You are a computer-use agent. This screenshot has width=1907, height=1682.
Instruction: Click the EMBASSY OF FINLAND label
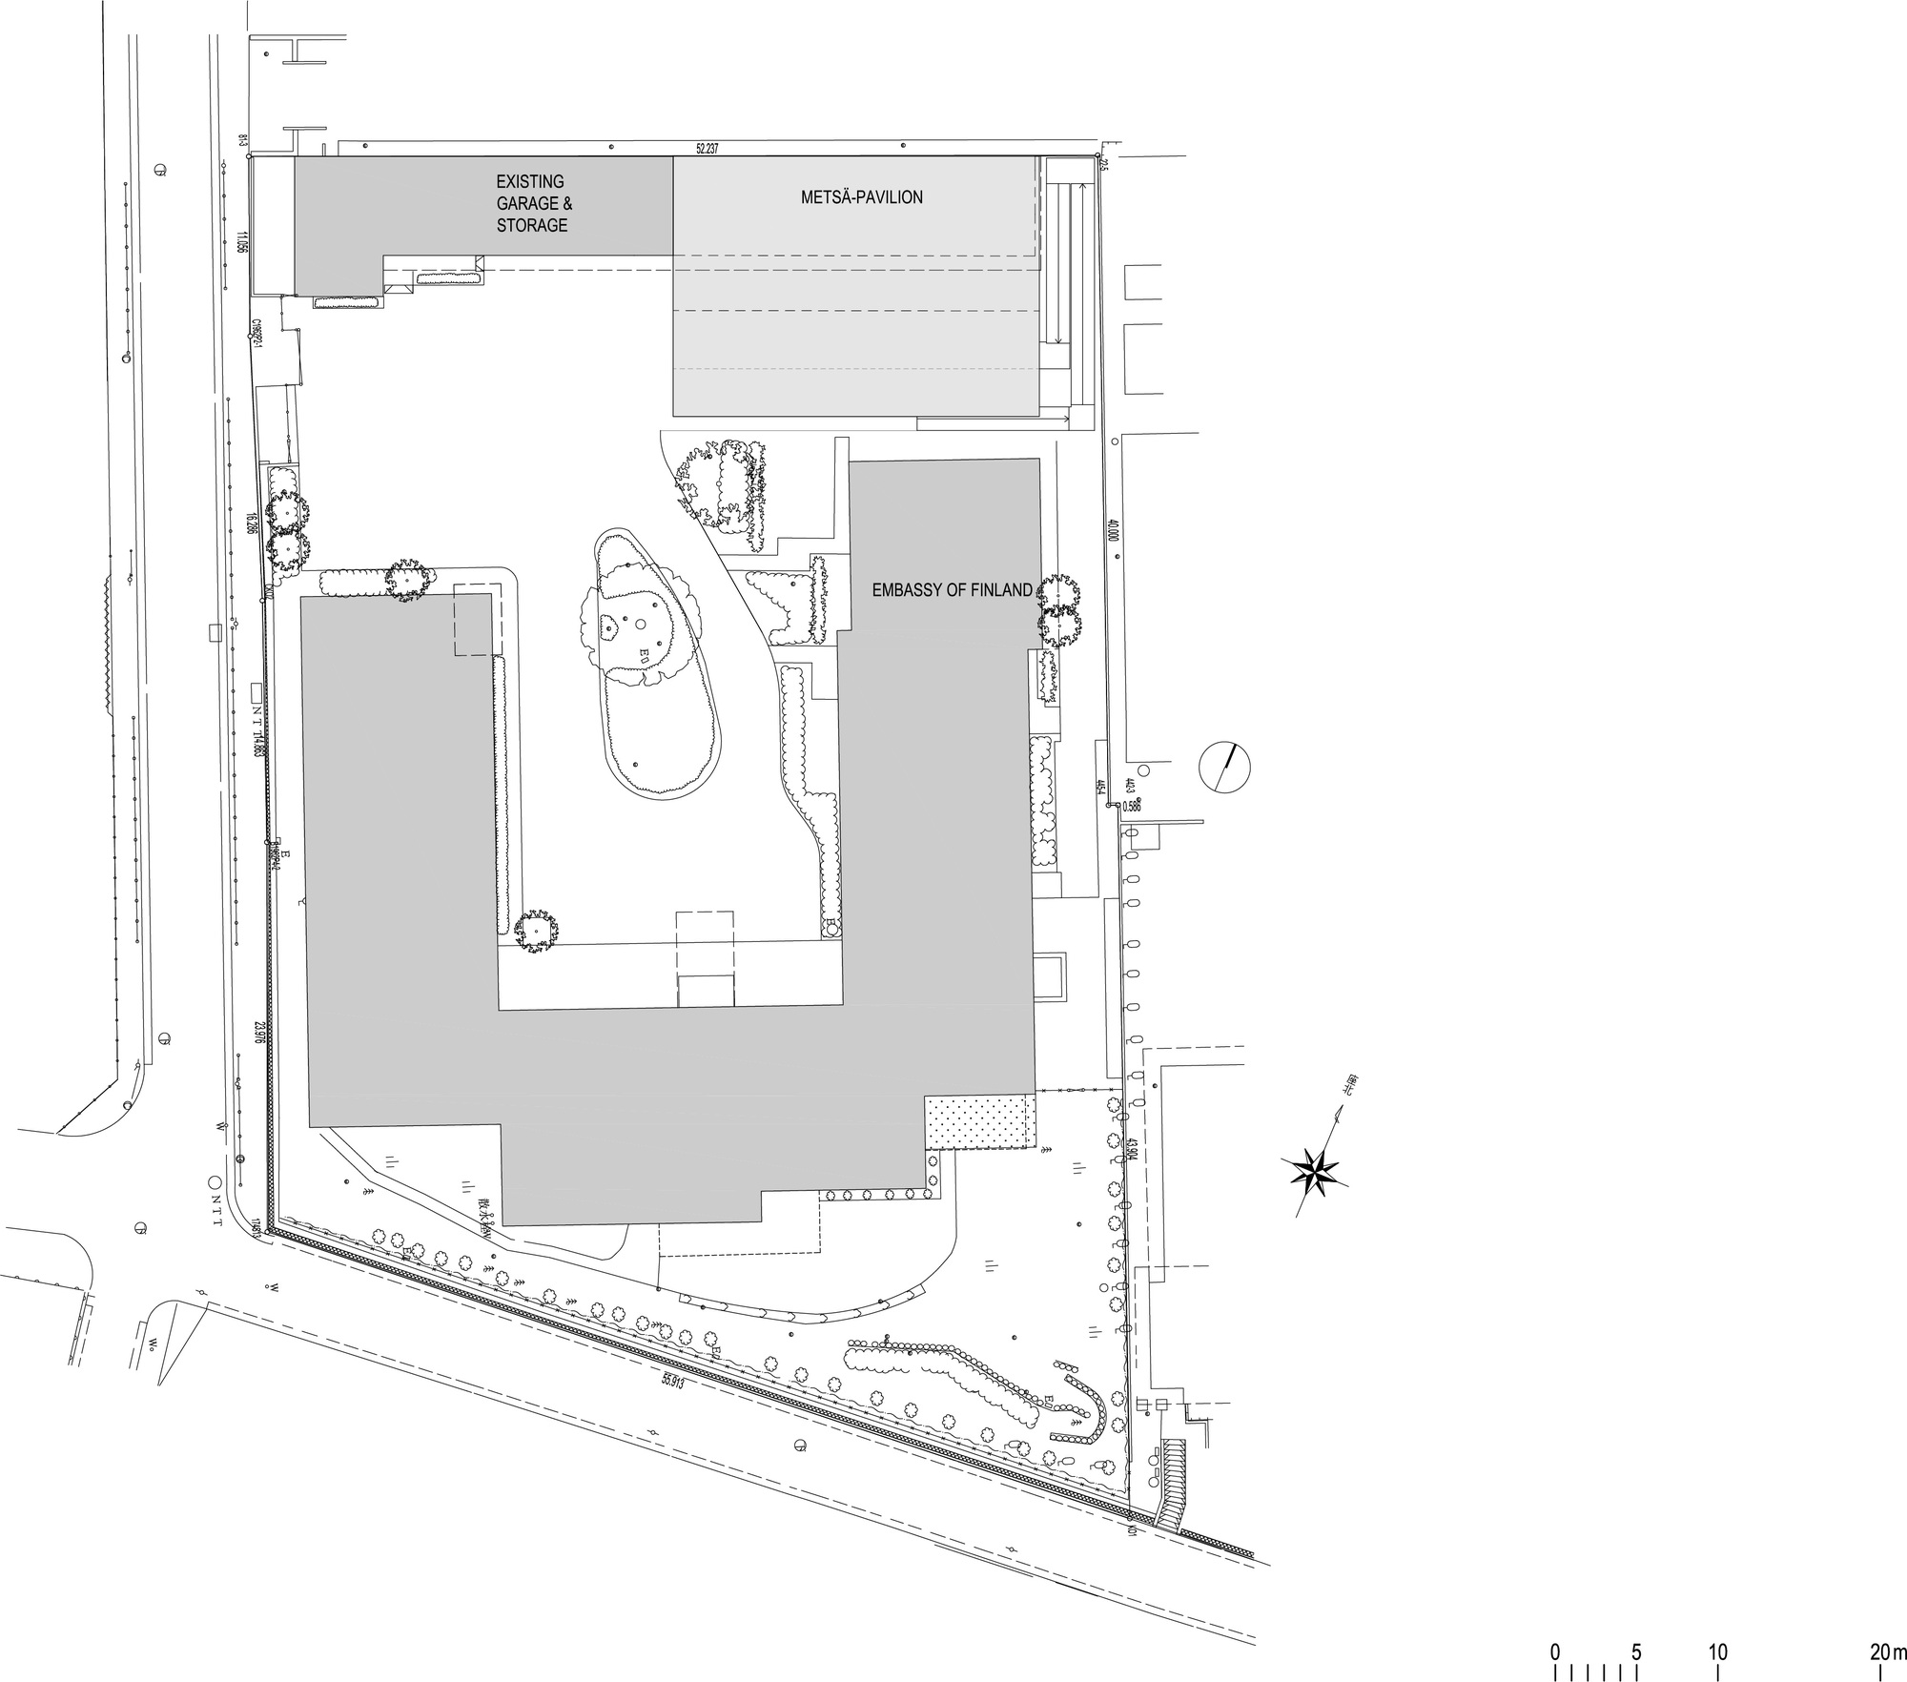[952, 591]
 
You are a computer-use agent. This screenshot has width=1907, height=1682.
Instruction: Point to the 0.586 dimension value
[1131, 806]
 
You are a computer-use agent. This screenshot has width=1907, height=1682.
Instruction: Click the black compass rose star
[1316, 1170]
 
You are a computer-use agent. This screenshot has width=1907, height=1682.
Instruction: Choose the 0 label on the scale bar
[1555, 1651]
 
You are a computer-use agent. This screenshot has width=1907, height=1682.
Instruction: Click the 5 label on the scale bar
[1636, 1651]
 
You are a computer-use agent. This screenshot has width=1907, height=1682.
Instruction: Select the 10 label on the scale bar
[1717, 1651]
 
